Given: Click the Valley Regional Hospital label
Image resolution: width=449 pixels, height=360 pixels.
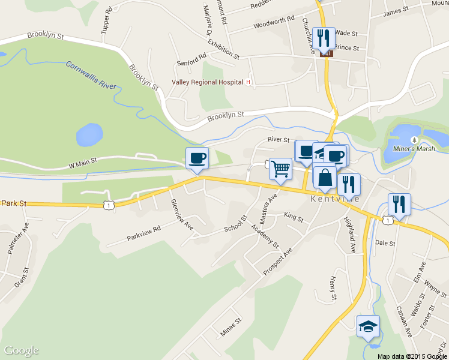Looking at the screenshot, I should [207, 82].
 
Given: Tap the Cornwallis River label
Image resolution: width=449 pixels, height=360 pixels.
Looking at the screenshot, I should [91, 75].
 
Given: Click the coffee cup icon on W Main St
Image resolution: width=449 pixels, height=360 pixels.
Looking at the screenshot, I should [197, 158].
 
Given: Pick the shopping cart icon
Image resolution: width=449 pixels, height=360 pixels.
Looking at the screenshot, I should [280, 169].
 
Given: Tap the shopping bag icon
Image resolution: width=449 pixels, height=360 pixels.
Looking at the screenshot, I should [324, 178].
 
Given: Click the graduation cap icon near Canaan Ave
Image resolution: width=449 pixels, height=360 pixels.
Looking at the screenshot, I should [368, 326].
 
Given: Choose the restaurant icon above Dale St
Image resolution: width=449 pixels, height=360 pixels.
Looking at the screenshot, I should [399, 204].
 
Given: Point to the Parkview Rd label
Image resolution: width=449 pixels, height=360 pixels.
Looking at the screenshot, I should [144, 234].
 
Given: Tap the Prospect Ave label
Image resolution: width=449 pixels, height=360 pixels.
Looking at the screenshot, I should [277, 262].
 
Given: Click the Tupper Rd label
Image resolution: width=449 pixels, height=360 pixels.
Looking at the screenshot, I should [107, 20].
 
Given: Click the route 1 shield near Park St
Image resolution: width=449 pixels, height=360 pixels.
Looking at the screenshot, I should [107, 205].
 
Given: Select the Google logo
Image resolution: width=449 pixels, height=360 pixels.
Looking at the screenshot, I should [22, 350].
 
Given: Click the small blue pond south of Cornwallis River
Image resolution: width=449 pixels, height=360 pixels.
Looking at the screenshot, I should [89, 134].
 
